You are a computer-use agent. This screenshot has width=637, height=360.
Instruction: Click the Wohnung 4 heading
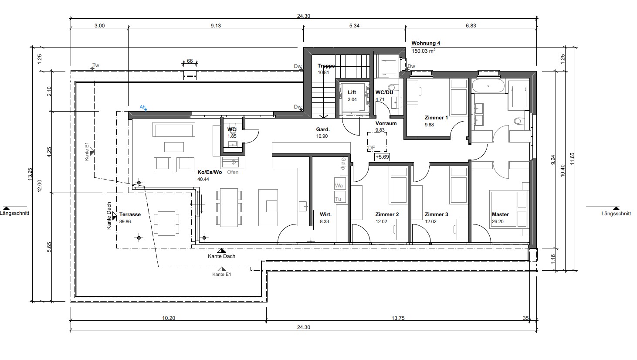(426, 43)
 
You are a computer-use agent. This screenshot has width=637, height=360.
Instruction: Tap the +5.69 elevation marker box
(382, 157)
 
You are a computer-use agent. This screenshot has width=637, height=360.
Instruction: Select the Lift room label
(352, 92)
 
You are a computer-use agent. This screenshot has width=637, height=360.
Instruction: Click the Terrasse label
(130, 214)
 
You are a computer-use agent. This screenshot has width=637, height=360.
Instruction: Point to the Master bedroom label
(500, 214)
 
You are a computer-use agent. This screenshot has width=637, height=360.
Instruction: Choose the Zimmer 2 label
(387, 214)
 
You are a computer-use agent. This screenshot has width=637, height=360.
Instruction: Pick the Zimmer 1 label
(436, 117)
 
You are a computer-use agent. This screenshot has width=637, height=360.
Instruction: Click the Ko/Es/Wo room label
(210, 172)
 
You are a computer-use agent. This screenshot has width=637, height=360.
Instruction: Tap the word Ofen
(233, 172)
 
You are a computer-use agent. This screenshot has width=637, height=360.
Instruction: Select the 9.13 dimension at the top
(216, 26)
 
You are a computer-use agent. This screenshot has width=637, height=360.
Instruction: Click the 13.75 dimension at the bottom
(398, 318)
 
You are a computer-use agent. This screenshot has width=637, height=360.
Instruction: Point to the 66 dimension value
(190, 61)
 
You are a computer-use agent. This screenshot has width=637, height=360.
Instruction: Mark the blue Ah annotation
(142, 107)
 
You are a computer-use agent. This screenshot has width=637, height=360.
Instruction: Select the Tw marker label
(96, 65)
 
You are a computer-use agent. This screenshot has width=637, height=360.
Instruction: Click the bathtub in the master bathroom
(488, 86)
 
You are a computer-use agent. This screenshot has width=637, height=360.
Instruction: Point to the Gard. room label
(323, 129)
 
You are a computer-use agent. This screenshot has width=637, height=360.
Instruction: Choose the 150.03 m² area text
(424, 51)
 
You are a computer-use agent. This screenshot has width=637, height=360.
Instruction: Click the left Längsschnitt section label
(14, 213)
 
